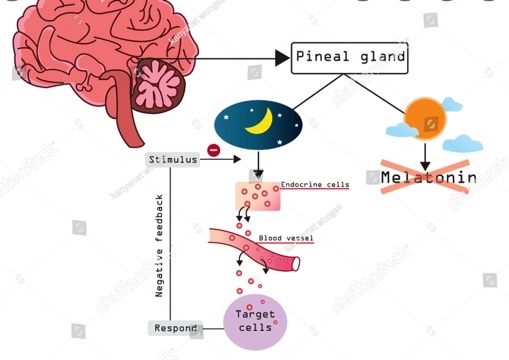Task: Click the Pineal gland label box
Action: pyautogui.click(x=350, y=58)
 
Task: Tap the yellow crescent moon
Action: pyautogui.click(x=261, y=121)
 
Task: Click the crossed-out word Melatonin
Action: pyautogui.click(x=428, y=178)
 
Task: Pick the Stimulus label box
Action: pyautogui.click(x=172, y=160)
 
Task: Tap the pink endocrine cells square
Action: pyautogui.click(x=258, y=195)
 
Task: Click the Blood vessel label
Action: pyautogui.click(x=285, y=239)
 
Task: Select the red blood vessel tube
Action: pyautogui.click(x=255, y=250)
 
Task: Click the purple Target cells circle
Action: pyautogui.click(x=254, y=321)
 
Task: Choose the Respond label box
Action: pyautogui.click(x=172, y=328)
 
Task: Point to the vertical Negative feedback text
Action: pyautogui.click(x=160, y=245)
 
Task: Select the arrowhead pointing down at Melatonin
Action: pyautogui.click(x=425, y=163)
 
